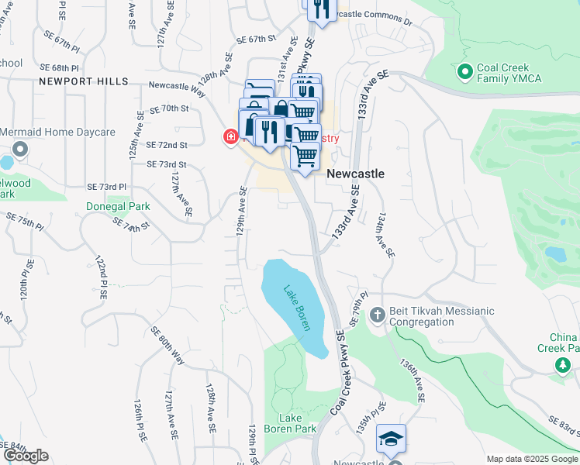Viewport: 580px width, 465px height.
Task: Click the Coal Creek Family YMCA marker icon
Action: coord(465,72)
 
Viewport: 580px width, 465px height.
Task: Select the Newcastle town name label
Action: coord(355,174)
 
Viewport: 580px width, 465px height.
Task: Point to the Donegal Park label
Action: coord(118,207)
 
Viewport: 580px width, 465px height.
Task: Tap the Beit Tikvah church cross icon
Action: coord(377,315)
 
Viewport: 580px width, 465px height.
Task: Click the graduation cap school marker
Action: coord(391,438)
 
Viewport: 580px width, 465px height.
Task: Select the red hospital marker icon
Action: coord(230,138)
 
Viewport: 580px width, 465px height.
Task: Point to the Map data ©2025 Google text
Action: coord(531,459)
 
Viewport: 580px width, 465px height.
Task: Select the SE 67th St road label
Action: coord(257,38)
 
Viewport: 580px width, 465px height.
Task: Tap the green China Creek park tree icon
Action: coord(560,364)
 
